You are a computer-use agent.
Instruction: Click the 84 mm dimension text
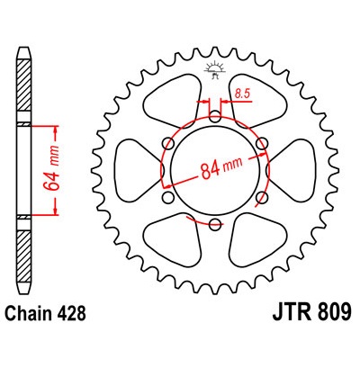click(221, 168)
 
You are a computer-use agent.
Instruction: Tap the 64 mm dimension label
click(50, 168)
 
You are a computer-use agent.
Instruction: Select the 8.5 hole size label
click(242, 94)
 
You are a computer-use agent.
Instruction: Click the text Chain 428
click(46, 313)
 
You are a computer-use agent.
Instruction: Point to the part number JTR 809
click(311, 312)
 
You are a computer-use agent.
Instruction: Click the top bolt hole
click(215, 116)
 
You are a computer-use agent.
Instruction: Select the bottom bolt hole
click(215, 224)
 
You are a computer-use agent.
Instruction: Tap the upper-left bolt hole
click(168, 143)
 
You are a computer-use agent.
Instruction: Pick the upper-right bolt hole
click(262, 143)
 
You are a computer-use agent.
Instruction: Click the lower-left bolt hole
click(168, 197)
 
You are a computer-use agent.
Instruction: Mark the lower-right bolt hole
click(262, 197)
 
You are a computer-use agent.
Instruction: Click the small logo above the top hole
click(214, 69)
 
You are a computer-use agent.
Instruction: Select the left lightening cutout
click(139, 170)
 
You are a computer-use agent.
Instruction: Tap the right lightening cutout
click(291, 170)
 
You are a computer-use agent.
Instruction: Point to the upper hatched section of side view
click(23, 85)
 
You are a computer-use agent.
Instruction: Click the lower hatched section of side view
click(23, 256)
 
